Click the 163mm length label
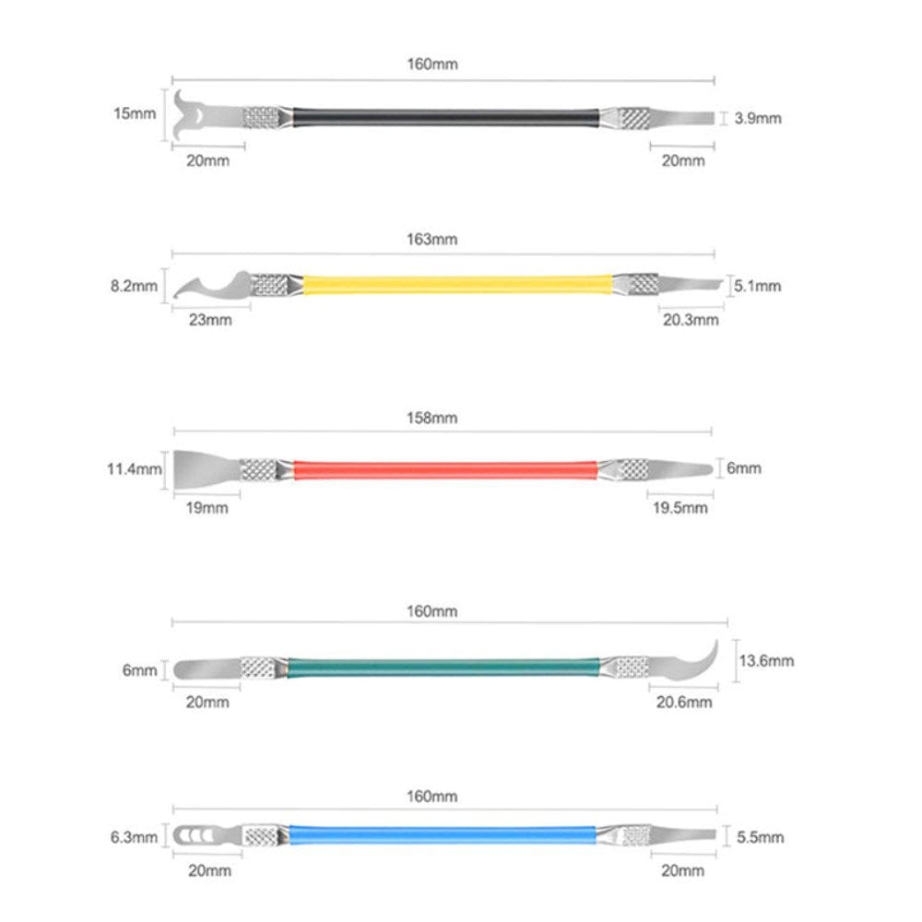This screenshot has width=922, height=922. [x=431, y=240]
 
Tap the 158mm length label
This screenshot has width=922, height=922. [x=431, y=418]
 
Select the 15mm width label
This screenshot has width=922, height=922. [x=135, y=113]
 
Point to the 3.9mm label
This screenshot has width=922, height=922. [x=757, y=118]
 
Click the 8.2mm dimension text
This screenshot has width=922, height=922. [x=134, y=287]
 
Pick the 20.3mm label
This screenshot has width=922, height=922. [x=691, y=320]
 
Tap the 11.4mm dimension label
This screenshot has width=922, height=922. [x=134, y=469]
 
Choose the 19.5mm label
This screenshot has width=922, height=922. [x=680, y=508]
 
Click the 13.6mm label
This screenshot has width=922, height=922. [x=766, y=661]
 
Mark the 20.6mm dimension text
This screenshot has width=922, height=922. [x=684, y=702]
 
